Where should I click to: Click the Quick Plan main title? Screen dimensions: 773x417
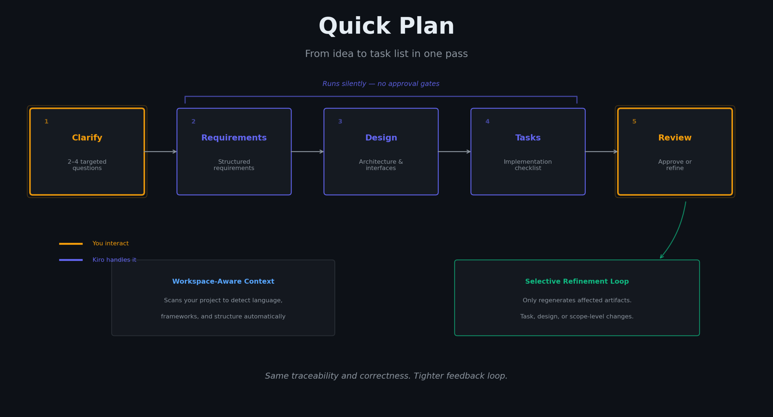pos(386,26)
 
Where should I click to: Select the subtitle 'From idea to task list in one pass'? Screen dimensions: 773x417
pos(386,54)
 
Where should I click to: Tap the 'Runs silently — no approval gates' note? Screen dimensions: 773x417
pos(381,84)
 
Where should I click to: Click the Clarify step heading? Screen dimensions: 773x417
pos(87,138)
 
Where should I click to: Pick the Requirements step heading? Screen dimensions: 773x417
pos(234,138)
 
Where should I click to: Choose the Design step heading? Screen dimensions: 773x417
pos(381,138)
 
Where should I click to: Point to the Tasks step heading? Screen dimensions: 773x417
pos(528,138)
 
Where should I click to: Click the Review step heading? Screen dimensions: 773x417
pos(675,138)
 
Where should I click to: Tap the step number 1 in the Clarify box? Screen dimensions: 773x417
pos(46,122)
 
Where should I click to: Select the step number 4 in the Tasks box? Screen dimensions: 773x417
pos(487,122)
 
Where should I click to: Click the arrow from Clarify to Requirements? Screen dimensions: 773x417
pos(161,152)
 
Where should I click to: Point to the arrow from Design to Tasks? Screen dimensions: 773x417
pos(454,152)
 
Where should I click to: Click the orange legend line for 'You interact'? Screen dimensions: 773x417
pos(71,244)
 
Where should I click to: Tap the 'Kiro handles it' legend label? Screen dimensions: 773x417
pos(114,260)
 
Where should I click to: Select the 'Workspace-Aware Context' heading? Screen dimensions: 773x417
pos(223,281)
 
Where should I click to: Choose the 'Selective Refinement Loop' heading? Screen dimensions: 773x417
pos(577,281)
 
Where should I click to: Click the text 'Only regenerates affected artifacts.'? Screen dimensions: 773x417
pos(577,300)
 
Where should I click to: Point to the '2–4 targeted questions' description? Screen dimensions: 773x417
pos(87,165)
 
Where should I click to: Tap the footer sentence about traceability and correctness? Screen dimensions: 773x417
pos(386,376)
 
